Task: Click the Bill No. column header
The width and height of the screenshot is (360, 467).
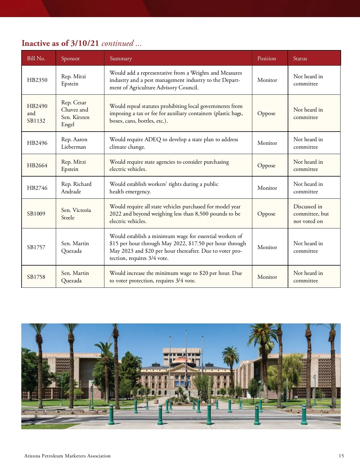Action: (x=36, y=58)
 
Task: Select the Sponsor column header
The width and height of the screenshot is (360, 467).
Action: (x=70, y=58)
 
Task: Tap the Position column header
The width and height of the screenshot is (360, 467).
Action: (x=267, y=58)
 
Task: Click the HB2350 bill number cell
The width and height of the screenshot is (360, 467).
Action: (x=37, y=80)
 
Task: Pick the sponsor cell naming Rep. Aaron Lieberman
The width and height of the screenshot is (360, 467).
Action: (x=74, y=143)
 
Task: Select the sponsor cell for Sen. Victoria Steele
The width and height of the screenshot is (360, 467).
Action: (x=76, y=214)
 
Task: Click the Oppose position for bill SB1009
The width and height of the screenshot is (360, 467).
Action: (x=266, y=214)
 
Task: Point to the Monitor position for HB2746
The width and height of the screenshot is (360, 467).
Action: (x=267, y=188)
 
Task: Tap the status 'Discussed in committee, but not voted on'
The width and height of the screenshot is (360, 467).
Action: (x=311, y=214)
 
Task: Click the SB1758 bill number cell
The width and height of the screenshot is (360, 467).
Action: (x=36, y=277)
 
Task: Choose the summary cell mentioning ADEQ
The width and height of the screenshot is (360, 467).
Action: (x=174, y=143)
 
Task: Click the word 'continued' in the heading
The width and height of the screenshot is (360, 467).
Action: (x=118, y=43)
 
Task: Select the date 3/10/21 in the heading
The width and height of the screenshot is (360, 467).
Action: (x=85, y=43)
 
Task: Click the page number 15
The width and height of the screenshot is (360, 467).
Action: (x=341, y=456)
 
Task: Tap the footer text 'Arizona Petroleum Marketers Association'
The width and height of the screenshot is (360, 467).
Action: (x=67, y=456)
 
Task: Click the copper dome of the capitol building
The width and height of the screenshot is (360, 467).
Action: (x=182, y=360)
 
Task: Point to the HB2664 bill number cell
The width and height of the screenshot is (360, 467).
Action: (x=37, y=165)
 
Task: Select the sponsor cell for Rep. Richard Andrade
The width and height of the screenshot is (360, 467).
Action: (x=76, y=188)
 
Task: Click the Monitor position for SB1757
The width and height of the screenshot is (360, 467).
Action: (x=267, y=247)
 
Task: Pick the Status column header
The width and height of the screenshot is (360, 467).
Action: (x=300, y=58)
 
